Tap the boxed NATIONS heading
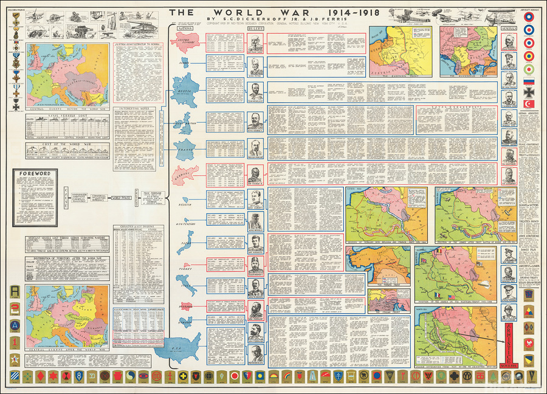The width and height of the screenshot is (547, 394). (x=184, y=29)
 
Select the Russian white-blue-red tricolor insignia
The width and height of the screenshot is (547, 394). (x=528, y=80)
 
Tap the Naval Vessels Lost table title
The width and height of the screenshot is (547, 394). (x=61, y=114)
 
